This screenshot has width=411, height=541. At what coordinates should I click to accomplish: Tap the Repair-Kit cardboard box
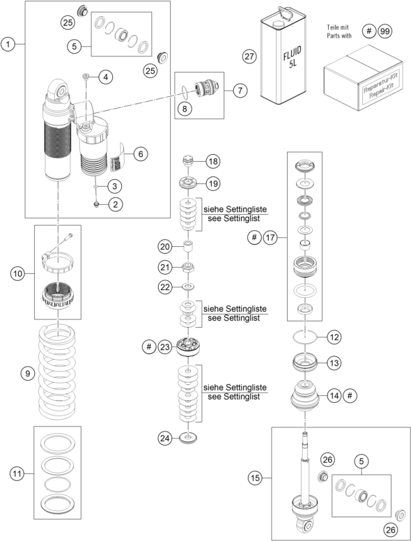(x=363, y=77)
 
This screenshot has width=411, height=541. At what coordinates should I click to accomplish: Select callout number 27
(x=249, y=56)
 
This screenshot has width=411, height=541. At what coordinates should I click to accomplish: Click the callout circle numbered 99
(x=385, y=31)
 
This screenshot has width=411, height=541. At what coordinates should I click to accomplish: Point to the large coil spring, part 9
(x=57, y=372)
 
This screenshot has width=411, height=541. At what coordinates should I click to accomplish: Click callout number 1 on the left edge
(x=8, y=44)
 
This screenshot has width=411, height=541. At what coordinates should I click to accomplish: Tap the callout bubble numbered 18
(x=213, y=161)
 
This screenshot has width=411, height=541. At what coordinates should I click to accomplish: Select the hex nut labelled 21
(x=188, y=267)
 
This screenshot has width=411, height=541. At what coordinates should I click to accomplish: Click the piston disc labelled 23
(x=188, y=347)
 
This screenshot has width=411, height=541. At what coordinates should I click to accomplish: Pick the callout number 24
(x=165, y=439)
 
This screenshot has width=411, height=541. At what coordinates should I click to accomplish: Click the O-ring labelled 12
(x=305, y=337)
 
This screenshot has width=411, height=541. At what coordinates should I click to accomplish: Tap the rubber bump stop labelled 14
(x=305, y=395)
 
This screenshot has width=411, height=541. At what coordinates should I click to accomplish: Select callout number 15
(x=255, y=478)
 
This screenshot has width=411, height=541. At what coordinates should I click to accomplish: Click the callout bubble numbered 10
(x=17, y=273)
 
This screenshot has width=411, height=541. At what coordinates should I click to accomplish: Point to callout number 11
(x=17, y=473)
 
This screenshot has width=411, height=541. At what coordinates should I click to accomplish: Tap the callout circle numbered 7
(x=240, y=91)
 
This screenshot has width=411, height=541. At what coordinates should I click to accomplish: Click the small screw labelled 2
(x=96, y=204)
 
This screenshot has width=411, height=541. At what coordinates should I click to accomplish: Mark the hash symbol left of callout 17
(x=254, y=237)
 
